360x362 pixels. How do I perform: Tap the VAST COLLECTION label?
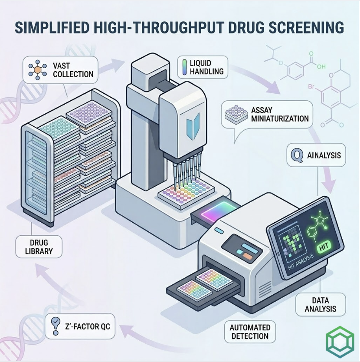(73, 70)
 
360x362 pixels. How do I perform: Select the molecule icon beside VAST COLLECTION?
(37, 70)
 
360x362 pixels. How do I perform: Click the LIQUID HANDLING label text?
(206, 67)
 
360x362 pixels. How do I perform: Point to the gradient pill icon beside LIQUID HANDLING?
(184, 67)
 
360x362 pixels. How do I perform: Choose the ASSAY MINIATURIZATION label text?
(280, 114)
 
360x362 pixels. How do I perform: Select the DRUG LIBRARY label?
(39, 247)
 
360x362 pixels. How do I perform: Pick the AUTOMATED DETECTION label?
(250, 332)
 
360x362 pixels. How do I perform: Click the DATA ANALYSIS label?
(320, 305)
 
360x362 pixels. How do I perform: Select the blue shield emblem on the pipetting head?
(193, 126)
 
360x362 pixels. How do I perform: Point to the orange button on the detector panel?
(248, 256)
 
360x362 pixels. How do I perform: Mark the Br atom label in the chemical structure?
(311, 87)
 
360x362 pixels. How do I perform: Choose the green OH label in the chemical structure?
(321, 67)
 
